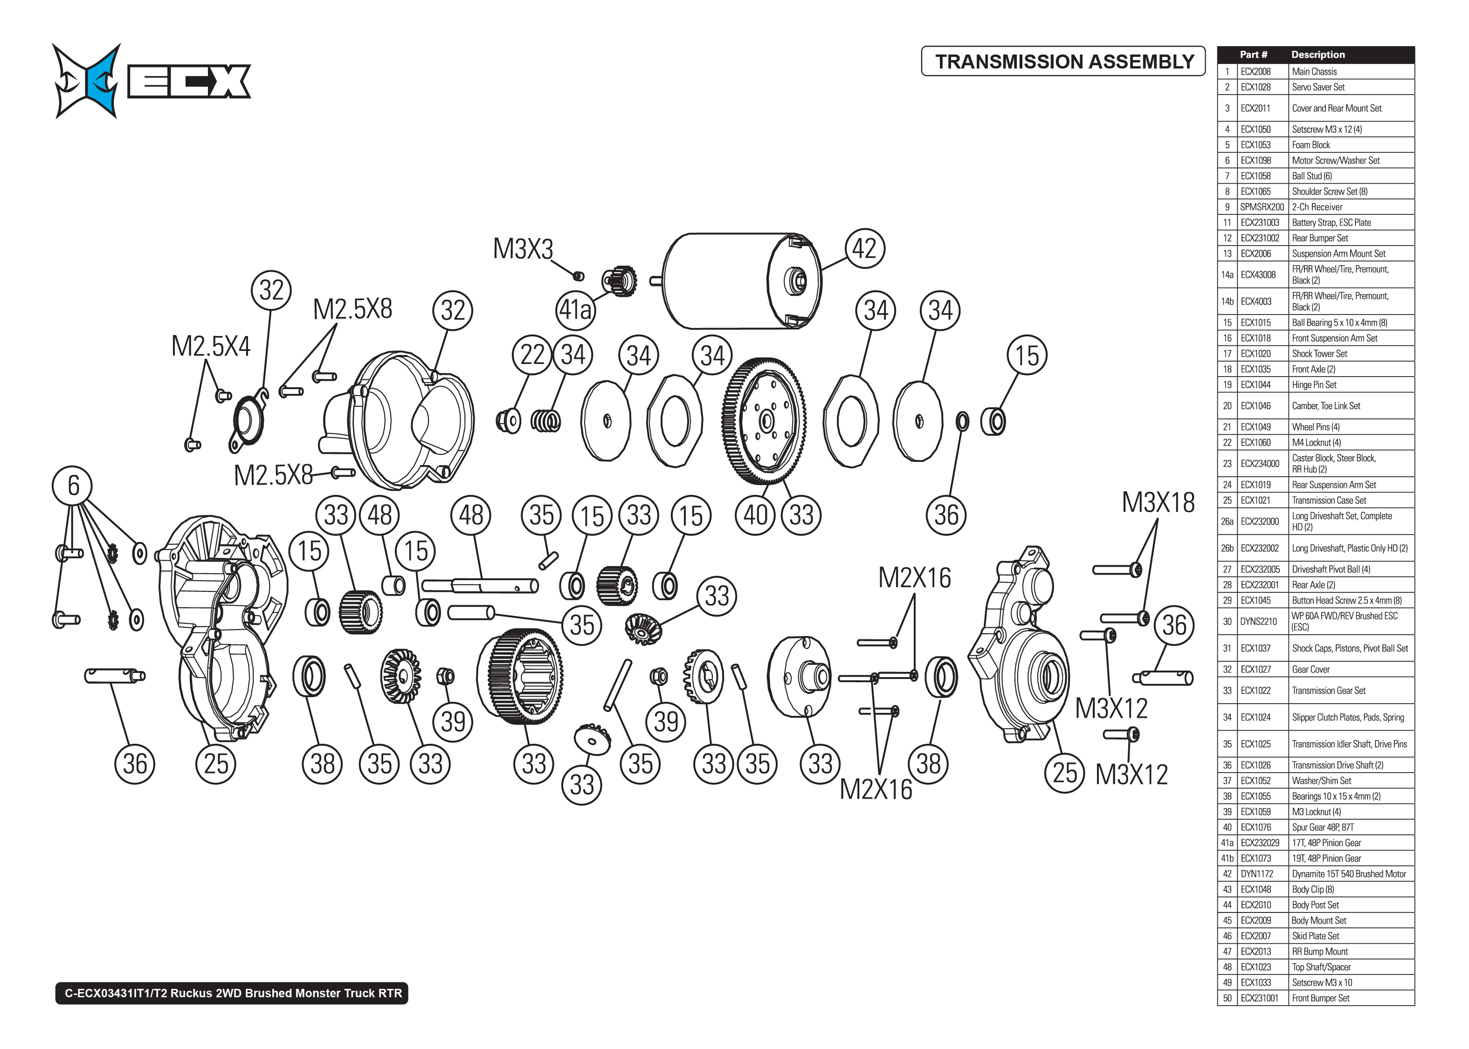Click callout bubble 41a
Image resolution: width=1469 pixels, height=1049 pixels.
tap(575, 310)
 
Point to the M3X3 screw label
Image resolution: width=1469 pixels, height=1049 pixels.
tap(523, 249)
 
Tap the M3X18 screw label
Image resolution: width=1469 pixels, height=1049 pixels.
tap(1158, 502)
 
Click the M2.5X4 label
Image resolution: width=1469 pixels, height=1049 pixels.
tap(211, 346)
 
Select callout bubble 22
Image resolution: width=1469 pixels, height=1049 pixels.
tap(531, 355)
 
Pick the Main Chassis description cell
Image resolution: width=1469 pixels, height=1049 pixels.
tap(1314, 72)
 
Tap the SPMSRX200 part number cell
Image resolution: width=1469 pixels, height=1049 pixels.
tap(1262, 207)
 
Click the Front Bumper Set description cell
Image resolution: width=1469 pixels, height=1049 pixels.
tap(1320, 998)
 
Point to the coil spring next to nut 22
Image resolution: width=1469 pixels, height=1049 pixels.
tap(546, 421)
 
